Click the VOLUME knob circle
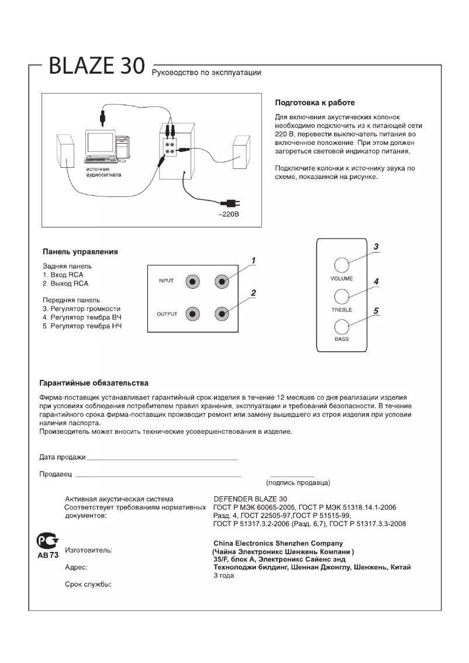coord(342,264)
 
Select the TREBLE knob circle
coord(342,295)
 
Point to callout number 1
coord(254,260)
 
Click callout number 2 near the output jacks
coord(254,292)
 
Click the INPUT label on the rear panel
coord(166,281)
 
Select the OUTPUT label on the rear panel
coord(167,314)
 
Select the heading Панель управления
coord(81,252)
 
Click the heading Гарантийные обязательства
coord(94,383)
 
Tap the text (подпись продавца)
coord(298,482)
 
